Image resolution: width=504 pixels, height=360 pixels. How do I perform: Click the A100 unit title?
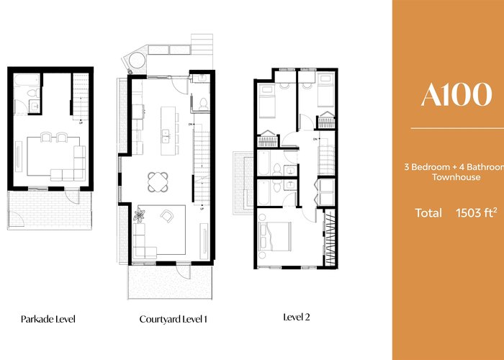click(x=456, y=94)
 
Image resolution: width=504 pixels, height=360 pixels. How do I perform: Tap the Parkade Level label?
click(x=48, y=319)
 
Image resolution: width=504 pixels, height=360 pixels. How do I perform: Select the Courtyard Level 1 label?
click(x=174, y=319)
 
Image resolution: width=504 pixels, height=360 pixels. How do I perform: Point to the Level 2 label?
click(x=297, y=318)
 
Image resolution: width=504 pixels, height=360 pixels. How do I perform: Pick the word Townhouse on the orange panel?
click(x=456, y=177)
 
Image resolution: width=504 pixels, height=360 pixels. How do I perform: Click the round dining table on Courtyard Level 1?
click(x=158, y=182)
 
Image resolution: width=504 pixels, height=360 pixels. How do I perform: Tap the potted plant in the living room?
click(x=139, y=215)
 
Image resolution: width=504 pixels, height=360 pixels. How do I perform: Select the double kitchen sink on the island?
click(x=166, y=135)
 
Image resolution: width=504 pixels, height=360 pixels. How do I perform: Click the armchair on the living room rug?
click(x=167, y=216)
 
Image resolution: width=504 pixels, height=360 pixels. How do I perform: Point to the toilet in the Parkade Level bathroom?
click(x=33, y=93)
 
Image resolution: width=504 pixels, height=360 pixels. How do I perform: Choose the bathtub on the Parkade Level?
click(x=27, y=81)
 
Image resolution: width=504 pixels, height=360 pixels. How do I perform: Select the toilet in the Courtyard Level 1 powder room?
click(x=203, y=104)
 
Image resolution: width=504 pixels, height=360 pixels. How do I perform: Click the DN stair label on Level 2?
click(x=315, y=139)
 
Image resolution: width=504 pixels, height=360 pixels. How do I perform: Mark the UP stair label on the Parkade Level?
click(x=81, y=122)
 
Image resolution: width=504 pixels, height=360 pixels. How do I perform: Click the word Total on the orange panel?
click(x=428, y=213)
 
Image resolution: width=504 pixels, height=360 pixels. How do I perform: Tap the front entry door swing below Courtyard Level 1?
click(x=184, y=272)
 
